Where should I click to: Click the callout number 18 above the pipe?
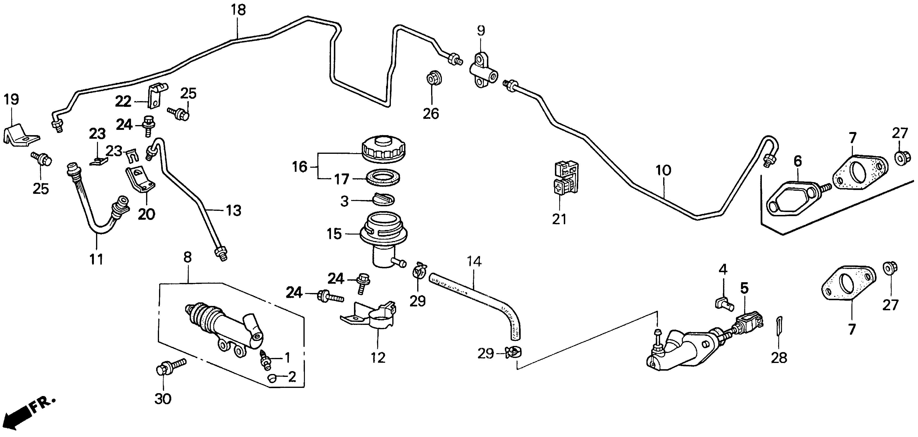pos(238,10)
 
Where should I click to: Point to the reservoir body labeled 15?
pos(384,242)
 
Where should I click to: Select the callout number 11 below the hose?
pos(96,259)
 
